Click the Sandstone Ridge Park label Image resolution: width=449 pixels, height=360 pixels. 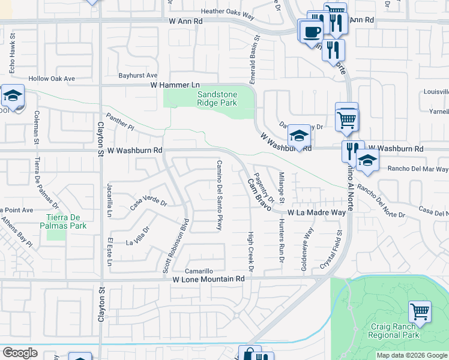217,98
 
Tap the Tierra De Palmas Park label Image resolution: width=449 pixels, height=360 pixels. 67,221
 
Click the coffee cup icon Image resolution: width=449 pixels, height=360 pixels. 312,31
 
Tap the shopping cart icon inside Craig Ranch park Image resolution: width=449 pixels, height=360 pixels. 420,312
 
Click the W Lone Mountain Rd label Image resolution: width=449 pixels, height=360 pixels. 209,279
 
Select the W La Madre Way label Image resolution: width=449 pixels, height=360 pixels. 316,212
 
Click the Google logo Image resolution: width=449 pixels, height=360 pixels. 20,353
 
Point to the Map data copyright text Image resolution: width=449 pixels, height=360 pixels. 412,355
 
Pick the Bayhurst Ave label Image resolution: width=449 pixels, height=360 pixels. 137,76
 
